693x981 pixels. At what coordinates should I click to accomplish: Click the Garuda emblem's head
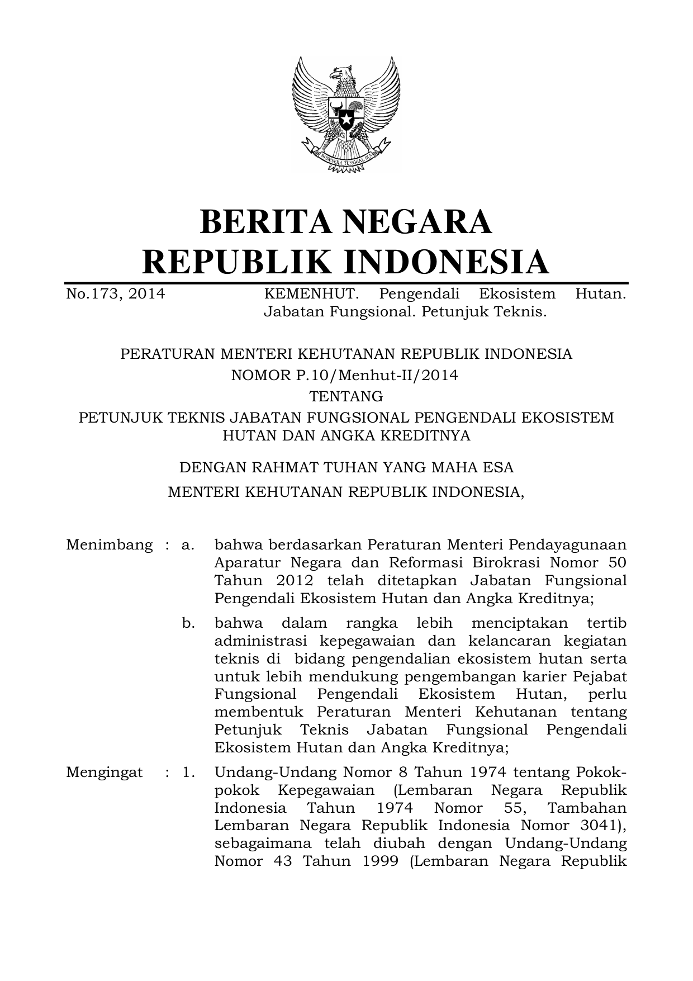tap(343, 73)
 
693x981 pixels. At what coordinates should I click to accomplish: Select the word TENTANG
tap(346, 396)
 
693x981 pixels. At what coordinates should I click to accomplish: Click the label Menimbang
tap(109, 545)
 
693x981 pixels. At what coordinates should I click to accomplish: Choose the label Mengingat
tap(104, 773)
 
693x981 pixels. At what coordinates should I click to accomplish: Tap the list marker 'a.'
tap(188, 545)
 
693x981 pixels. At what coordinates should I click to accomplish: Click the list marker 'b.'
tap(188, 623)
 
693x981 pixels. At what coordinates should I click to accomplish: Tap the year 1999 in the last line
tap(379, 861)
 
